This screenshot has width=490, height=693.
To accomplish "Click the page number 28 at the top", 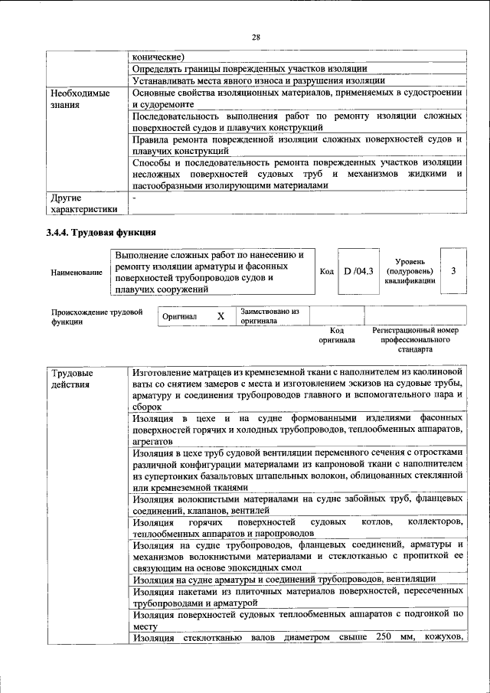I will click(x=255, y=36).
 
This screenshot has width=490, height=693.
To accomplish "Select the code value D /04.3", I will click(x=358, y=271).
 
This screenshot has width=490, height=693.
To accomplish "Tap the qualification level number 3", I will click(x=454, y=271).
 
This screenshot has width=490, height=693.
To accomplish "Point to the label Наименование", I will click(x=77, y=272).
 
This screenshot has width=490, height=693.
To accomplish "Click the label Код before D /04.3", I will click(x=326, y=271).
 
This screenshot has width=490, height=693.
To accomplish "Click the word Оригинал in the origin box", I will click(x=180, y=316).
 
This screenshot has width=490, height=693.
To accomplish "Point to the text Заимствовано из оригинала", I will click(x=269, y=316).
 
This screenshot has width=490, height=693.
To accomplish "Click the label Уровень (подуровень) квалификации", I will click(x=410, y=271).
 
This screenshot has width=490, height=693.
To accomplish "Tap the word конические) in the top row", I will click(x=158, y=55).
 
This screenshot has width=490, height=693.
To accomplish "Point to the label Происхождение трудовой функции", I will click(x=96, y=317).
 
